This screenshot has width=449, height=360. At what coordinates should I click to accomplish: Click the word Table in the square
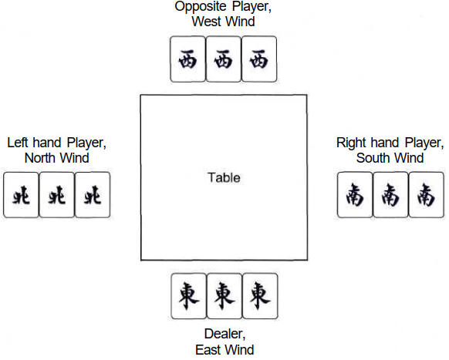point(224,178)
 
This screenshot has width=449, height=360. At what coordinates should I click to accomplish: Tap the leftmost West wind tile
point(187,59)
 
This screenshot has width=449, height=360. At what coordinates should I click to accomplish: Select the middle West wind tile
point(224,59)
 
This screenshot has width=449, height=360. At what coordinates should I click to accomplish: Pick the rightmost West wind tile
point(259,59)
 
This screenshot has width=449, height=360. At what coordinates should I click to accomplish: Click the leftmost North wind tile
point(21,195)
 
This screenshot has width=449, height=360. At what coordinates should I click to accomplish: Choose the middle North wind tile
point(56,195)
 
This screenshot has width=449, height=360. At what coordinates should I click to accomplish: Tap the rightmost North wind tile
point(93,195)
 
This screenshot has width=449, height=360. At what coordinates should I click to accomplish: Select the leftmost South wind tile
point(355,195)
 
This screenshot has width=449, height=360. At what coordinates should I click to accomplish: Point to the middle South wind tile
point(390,195)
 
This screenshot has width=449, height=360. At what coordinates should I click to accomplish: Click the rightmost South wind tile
point(427,195)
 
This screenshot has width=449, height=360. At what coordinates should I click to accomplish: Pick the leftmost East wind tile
point(189,296)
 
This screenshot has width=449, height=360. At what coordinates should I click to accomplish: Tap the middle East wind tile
point(224,296)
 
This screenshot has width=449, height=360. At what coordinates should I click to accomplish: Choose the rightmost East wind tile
point(260,296)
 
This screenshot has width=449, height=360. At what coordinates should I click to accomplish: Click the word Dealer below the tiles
point(224,334)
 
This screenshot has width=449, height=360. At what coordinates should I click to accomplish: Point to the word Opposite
point(201,7)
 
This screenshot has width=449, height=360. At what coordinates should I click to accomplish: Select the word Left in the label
point(17,143)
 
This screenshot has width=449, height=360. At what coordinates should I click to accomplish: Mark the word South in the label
point(373,158)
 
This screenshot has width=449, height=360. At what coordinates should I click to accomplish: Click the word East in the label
point(208,350)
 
